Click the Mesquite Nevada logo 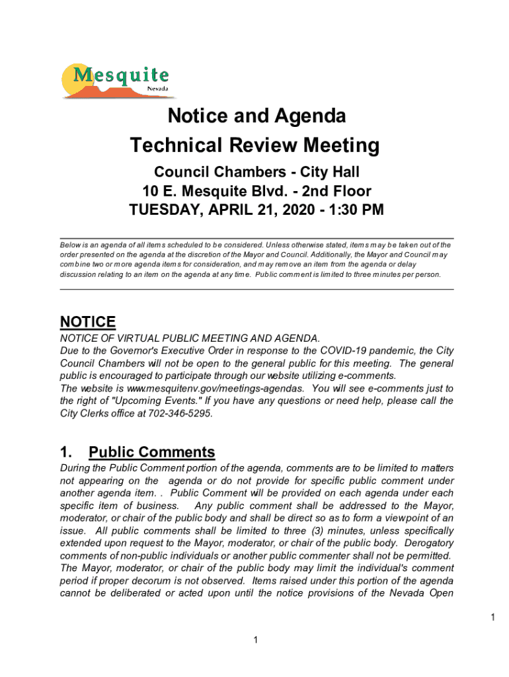tap(115, 81)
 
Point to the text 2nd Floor tap(336, 192)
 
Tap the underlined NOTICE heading tap(88, 322)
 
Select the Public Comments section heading tap(152, 453)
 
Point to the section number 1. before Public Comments tap(66, 453)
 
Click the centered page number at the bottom tap(255, 640)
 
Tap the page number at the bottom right tap(492, 617)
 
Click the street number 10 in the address tap(150, 192)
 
